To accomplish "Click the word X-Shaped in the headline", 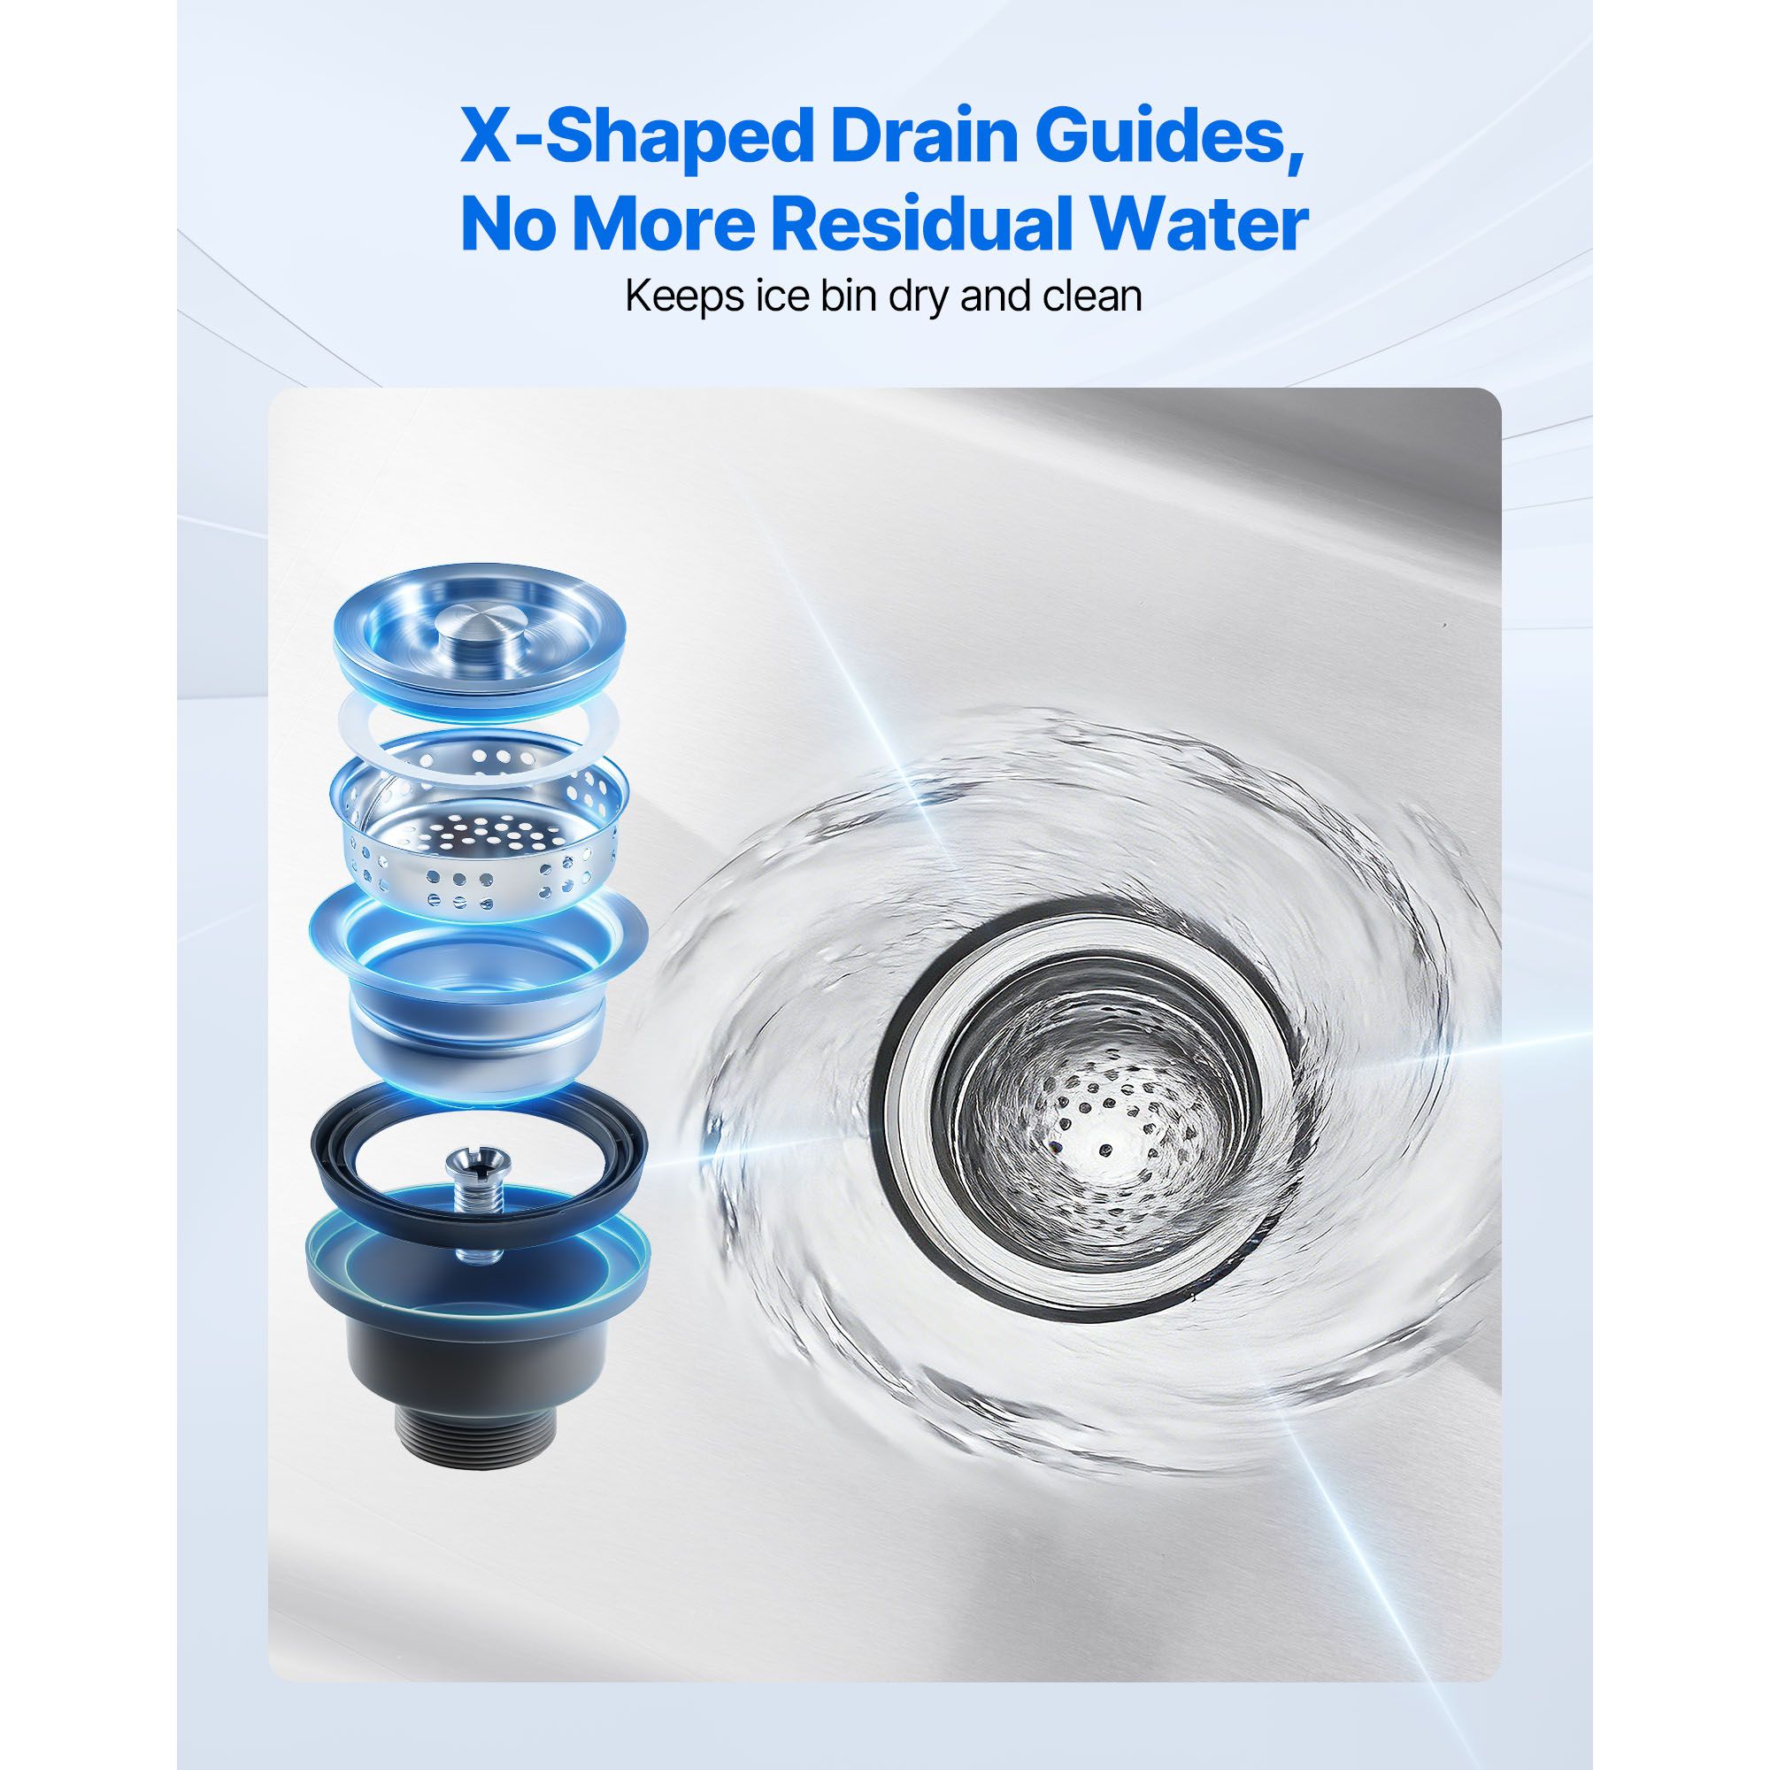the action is pyautogui.click(x=633, y=135).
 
